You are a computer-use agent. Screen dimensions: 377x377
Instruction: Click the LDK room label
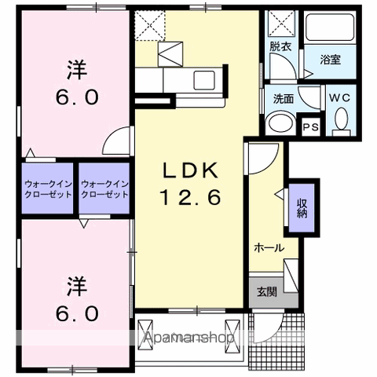coord(191,170)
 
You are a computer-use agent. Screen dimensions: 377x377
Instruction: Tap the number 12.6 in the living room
coord(191,197)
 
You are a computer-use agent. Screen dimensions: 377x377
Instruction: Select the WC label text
coord(339,98)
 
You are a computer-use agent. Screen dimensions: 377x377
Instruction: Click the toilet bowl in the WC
coord(341,119)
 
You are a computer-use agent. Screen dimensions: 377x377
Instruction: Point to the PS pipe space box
coord(311,127)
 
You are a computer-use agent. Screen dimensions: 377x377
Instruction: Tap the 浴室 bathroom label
coord(331,60)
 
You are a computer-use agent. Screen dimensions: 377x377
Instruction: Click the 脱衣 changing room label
coord(280,46)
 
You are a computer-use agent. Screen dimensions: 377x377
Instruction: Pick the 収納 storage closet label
coord(302,208)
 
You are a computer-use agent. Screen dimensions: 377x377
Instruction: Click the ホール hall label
coord(269,247)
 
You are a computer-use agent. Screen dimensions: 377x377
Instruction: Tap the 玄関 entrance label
coord(267,291)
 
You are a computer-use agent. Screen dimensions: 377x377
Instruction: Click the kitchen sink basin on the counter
coord(204,80)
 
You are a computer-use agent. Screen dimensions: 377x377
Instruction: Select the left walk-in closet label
coord(48,189)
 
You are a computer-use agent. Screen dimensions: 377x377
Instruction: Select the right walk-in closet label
coord(104,189)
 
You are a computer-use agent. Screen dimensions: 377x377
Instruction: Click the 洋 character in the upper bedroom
coord(77,70)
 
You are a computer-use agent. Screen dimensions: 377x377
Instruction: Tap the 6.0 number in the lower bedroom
coord(77,313)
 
